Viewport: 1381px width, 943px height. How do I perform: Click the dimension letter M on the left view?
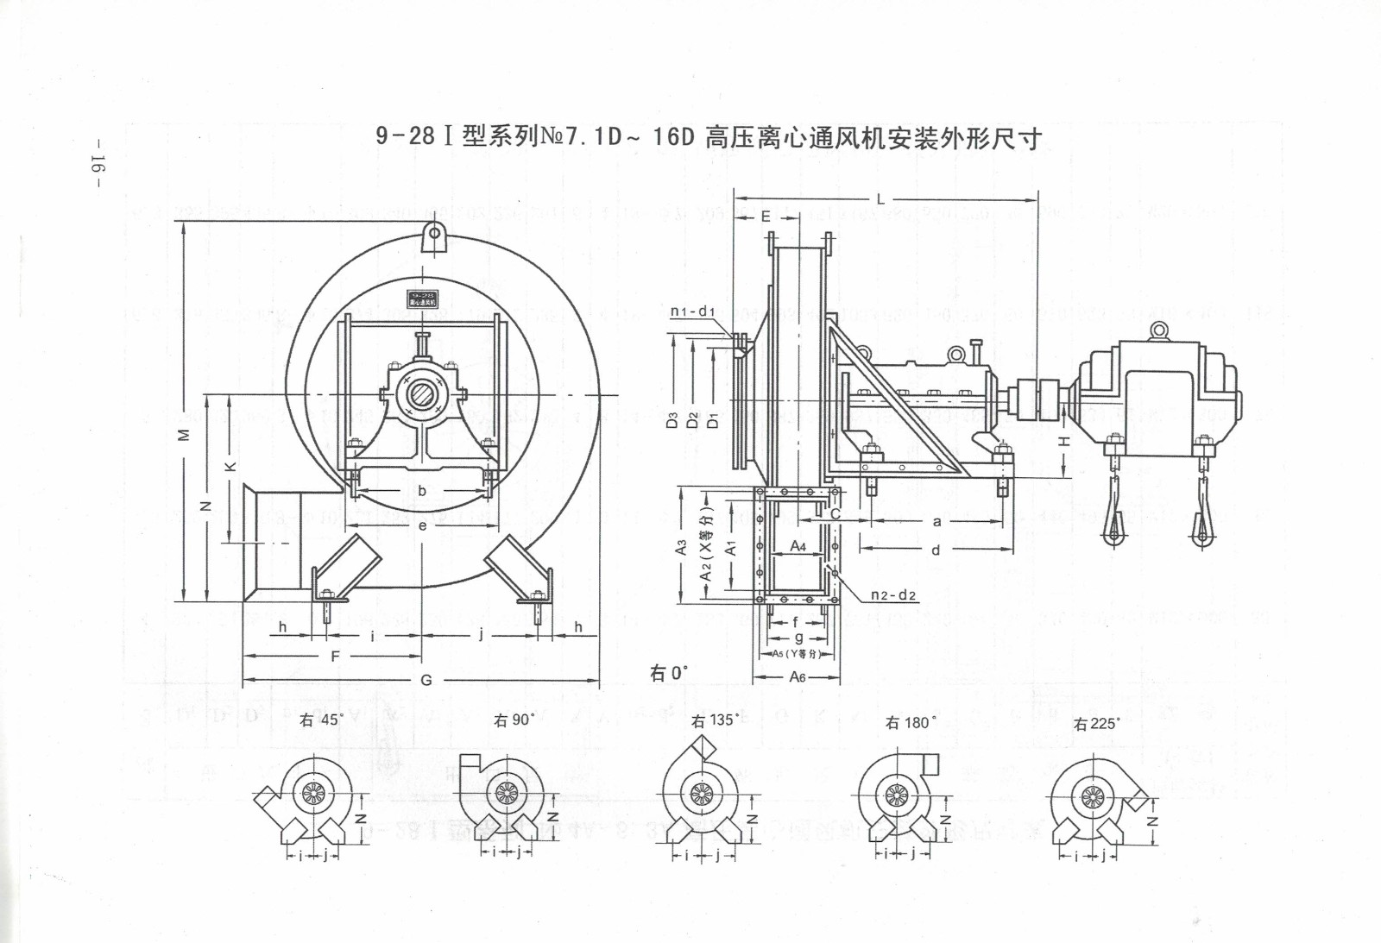coord(183,435)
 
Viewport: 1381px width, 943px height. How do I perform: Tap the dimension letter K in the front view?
coord(230,467)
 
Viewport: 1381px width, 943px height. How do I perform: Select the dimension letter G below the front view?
coord(426,680)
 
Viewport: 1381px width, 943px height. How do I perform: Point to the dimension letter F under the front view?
coord(336,657)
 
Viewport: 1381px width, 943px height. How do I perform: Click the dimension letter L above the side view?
coord(880,199)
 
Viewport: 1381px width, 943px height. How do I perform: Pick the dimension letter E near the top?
coord(766,217)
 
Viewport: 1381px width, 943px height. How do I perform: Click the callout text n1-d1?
coord(693,311)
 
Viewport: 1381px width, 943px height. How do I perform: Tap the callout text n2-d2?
coord(893,595)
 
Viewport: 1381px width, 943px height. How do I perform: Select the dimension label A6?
coord(798,677)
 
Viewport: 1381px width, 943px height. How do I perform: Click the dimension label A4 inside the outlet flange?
coord(798,546)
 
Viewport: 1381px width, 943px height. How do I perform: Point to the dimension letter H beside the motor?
coord(1064,441)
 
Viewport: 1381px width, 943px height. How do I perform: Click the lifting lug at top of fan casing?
coord(434,236)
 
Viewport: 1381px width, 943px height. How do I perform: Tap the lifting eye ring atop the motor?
coord(1159,329)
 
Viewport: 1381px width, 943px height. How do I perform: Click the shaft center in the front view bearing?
coord(422,394)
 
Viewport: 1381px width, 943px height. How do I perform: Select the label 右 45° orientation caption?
coord(321,720)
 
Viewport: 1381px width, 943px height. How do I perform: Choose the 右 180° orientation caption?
coord(911,723)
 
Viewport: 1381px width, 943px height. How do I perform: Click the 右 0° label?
coord(669,672)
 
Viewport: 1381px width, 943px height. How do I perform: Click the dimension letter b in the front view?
coord(422,491)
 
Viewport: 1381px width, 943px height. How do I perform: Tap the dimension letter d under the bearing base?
coord(936,550)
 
